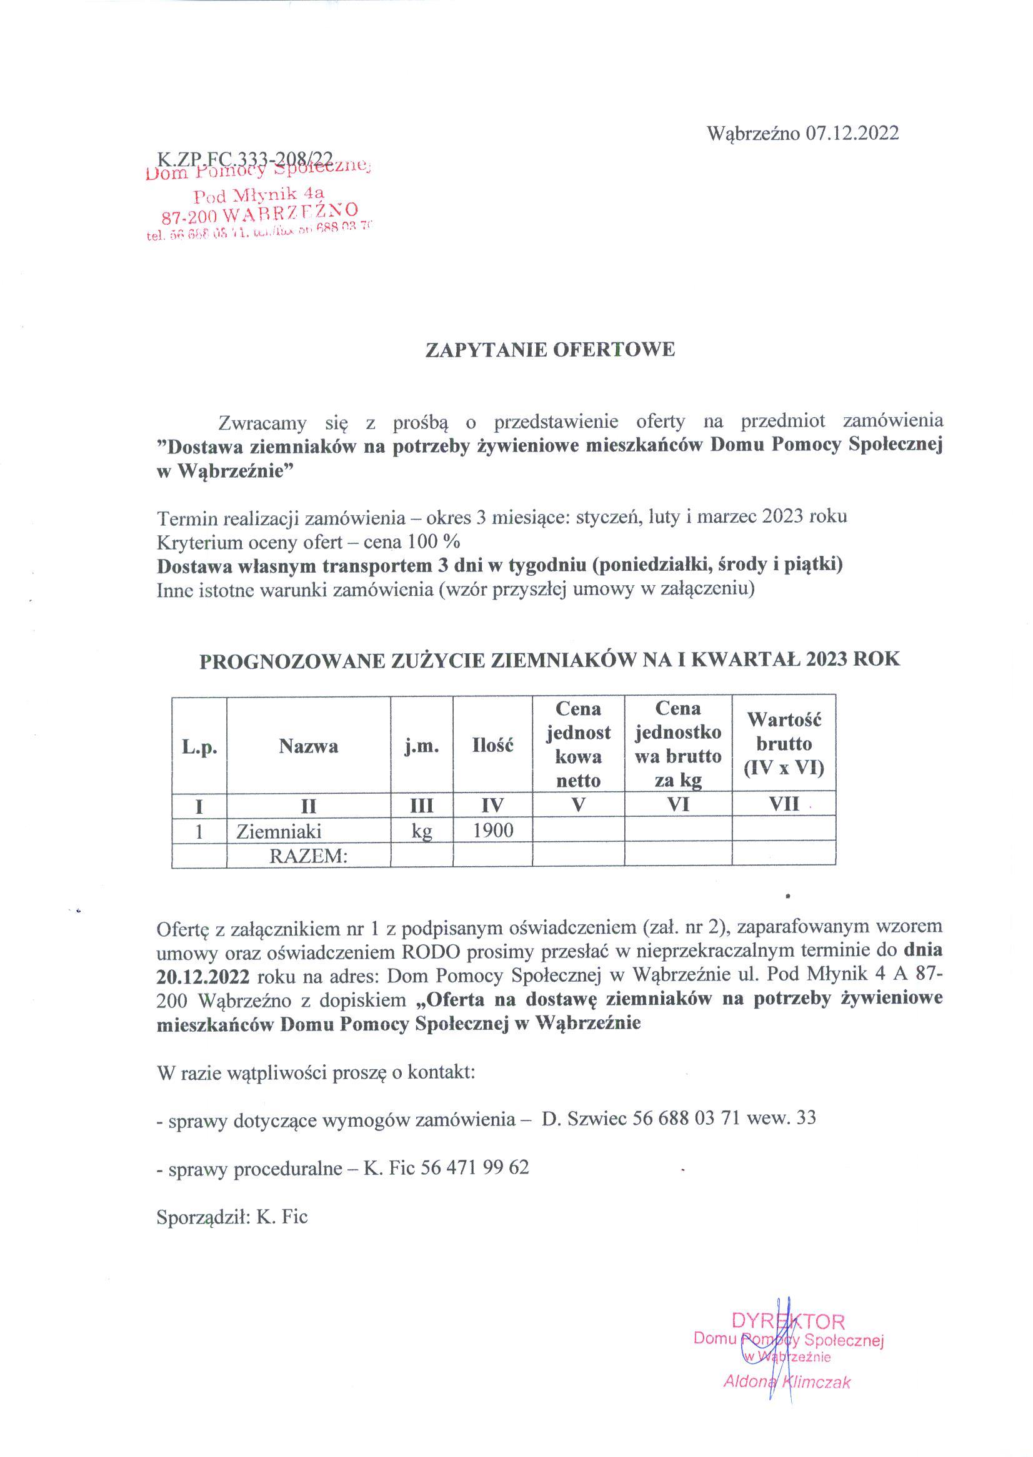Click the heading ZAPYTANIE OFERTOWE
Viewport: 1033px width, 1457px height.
tap(549, 350)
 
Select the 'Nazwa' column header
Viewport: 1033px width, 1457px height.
tap(309, 746)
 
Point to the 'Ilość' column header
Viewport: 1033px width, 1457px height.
tap(492, 746)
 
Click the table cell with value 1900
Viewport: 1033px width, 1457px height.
tap(492, 830)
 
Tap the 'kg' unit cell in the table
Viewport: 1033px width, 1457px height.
tap(422, 831)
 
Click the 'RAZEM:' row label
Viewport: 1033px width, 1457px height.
tap(309, 856)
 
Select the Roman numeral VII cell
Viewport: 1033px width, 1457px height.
tap(784, 804)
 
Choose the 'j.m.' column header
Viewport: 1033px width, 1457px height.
tap(422, 746)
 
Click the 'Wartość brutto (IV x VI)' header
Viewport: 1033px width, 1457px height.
tap(784, 744)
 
